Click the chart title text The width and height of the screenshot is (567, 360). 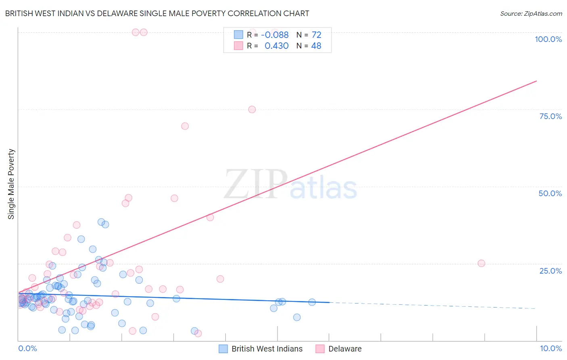coord(157,13)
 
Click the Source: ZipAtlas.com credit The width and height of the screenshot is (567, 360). coord(531,13)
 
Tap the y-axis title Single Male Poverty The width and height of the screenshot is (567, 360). coord(11,184)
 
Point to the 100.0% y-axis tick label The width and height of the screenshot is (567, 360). coord(548,39)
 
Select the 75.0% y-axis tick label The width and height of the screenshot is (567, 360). coord(550,116)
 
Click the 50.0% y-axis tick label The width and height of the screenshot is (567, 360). coord(550,193)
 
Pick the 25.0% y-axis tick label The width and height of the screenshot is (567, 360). coord(550,270)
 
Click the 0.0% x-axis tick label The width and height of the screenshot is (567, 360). coord(27,348)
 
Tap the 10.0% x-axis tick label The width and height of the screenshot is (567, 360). coord(550,348)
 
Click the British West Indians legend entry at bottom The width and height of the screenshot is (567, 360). coord(267,349)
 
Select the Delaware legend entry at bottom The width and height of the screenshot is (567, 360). coord(345,349)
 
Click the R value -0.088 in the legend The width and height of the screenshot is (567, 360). coord(275,35)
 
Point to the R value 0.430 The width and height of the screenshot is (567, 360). coord(276,46)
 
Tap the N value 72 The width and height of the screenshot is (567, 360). coord(317,35)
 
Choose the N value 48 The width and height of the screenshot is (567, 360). coord(317,46)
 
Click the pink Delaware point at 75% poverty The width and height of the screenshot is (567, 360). coord(252,109)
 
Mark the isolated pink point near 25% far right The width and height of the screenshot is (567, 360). coord(481,263)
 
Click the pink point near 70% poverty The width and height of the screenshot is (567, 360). coord(185,126)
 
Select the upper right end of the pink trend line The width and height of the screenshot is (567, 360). coord(536,81)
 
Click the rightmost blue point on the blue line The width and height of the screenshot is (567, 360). coord(312,302)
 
